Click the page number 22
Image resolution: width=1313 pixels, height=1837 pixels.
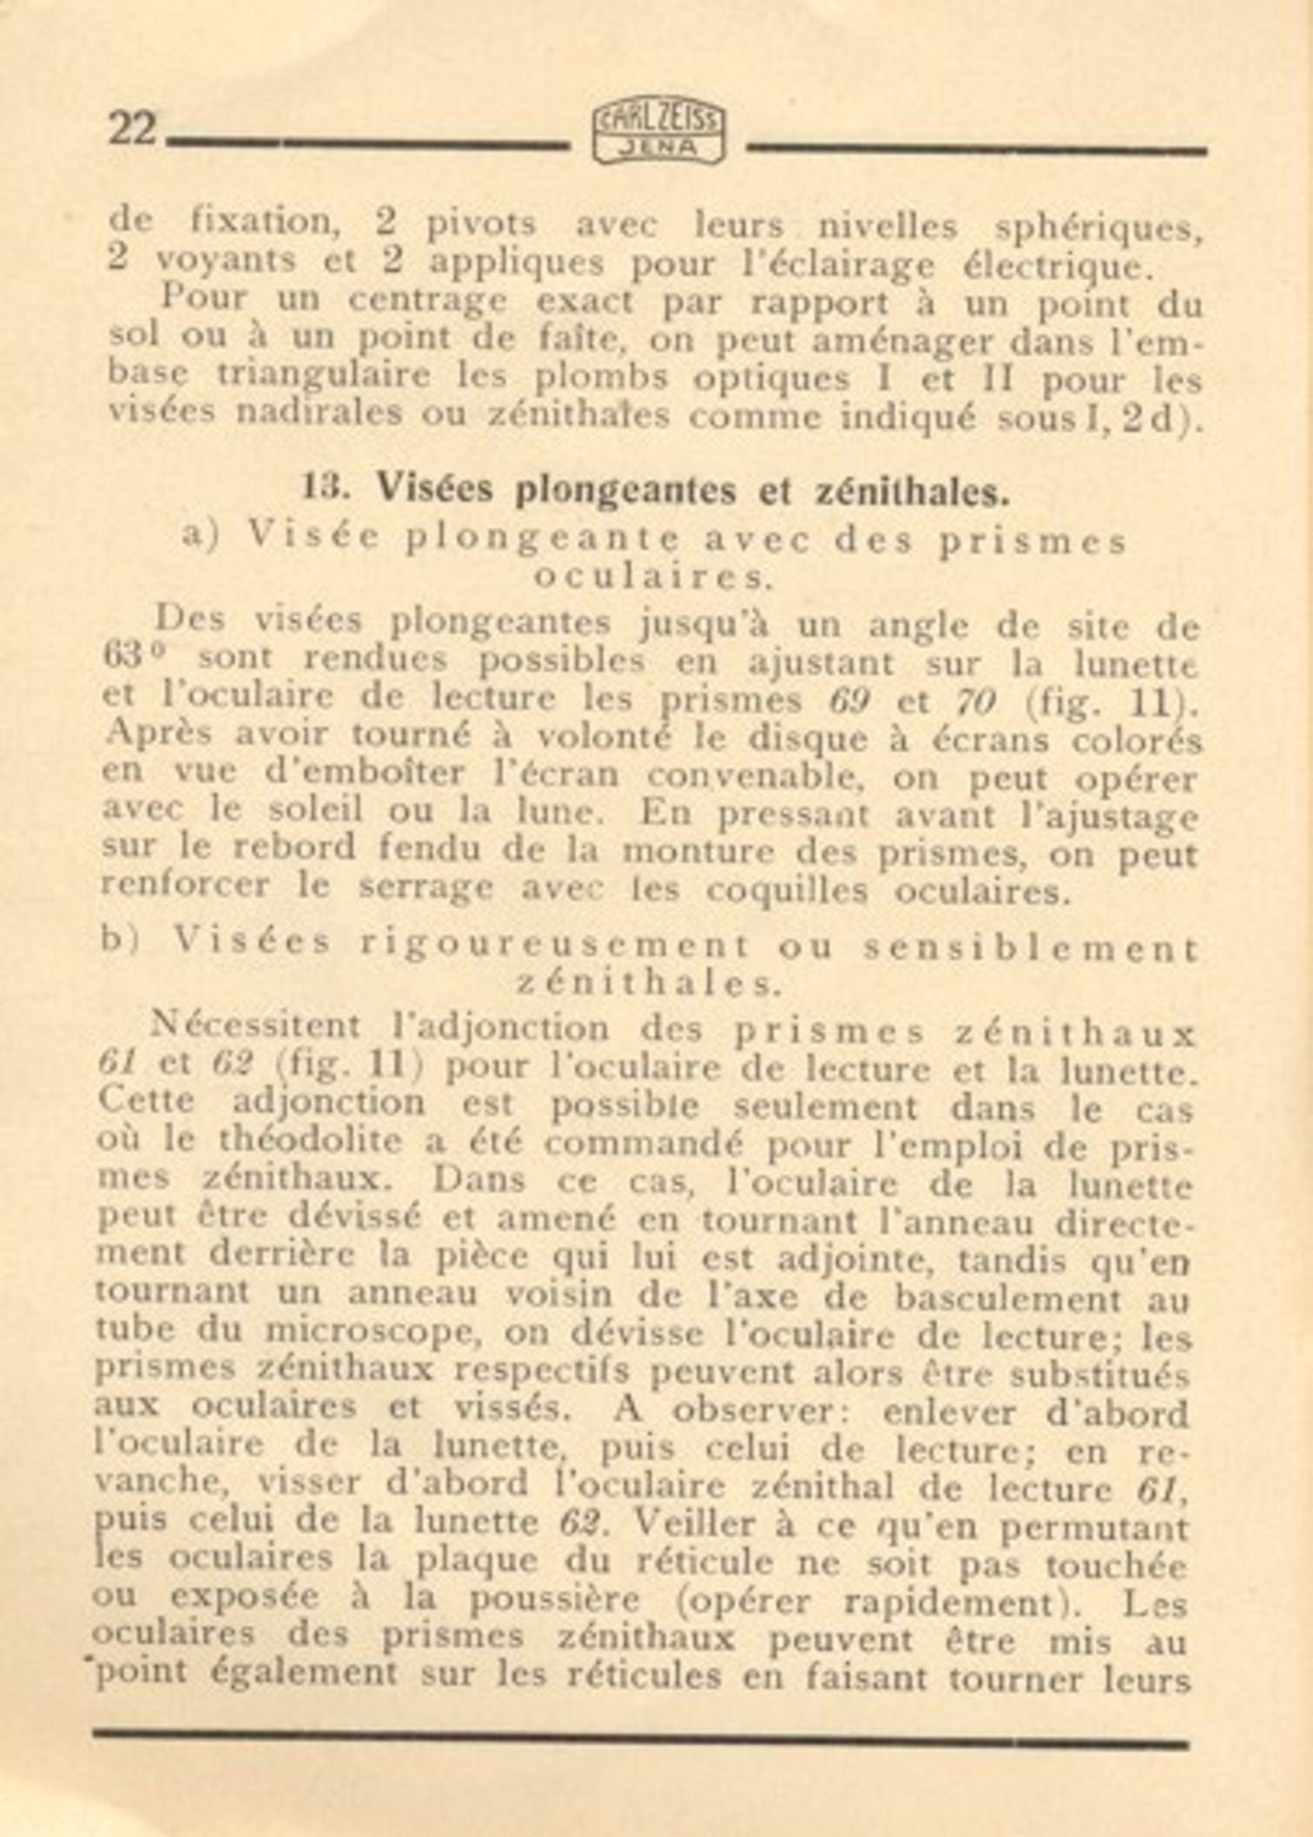[133, 129]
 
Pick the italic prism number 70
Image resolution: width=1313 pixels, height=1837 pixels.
[976, 701]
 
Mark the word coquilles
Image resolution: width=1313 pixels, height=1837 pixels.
[786, 892]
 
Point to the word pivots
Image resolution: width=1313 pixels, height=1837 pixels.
[480, 225]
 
